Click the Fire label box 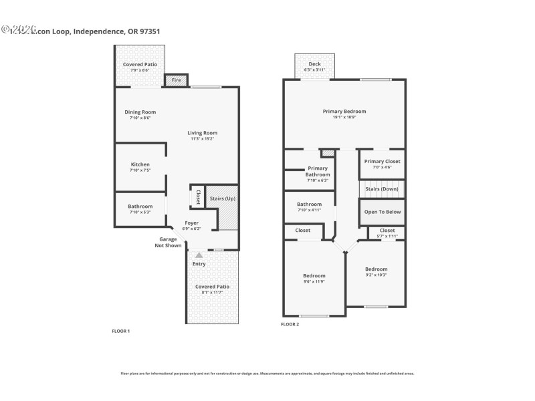[x=177, y=80]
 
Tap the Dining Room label [x=140, y=112]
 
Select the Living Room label [x=202, y=133]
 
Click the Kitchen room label [x=140, y=164]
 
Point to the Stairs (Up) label [x=223, y=198]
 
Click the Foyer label [x=192, y=223]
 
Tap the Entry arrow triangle [x=199, y=255]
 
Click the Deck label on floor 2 [x=314, y=65]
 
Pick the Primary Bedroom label [x=344, y=112]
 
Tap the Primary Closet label [x=382, y=161]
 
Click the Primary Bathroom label [x=318, y=172]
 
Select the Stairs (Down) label [x=382, y=189]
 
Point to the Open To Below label [x=382, y=212]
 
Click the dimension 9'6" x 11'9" [x=314, y=281]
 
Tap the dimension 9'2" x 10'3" [x=376, y=275]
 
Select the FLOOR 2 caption [x=290, y=324]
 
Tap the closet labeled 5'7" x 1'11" [x=387, y=236]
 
